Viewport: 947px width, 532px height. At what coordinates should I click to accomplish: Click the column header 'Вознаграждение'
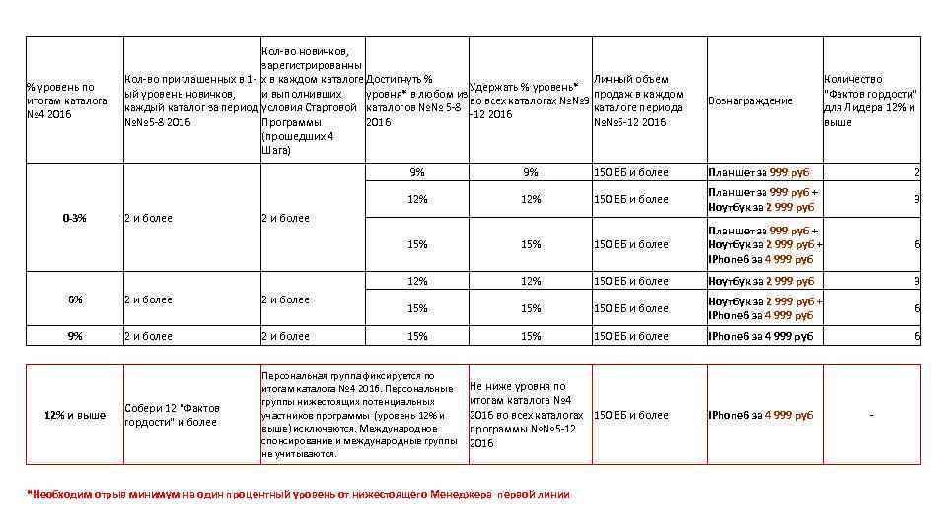coord(751,100)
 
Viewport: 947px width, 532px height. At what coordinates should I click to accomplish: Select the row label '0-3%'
coord(74,218)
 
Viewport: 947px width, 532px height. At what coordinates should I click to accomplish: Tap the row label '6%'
coord(75,299)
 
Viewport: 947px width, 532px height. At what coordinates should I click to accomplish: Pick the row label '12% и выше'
coord(75,415)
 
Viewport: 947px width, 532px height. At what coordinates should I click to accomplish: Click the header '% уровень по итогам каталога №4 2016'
coord(67,100)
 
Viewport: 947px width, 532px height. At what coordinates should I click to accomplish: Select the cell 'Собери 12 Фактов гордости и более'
coord(172,415)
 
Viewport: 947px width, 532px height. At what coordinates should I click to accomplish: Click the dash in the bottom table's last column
coord(870,415)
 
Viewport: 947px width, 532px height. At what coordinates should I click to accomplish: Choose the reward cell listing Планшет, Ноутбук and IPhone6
coord(765,244)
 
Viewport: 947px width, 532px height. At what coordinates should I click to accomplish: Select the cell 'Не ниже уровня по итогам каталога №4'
coord(527,415)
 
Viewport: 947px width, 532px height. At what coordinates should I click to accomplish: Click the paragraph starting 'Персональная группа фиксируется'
coord(362,415)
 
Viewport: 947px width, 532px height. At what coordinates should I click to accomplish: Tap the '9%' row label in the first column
coord(75,336)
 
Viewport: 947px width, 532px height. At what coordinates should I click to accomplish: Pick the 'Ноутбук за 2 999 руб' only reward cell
coord(761,281)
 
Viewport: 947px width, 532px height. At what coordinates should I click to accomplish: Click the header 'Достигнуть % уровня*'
coord(415,100)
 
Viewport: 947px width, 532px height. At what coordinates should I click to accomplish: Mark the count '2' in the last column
coord(916,172)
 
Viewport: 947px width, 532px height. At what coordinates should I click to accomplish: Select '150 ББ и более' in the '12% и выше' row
coord(630,415)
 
